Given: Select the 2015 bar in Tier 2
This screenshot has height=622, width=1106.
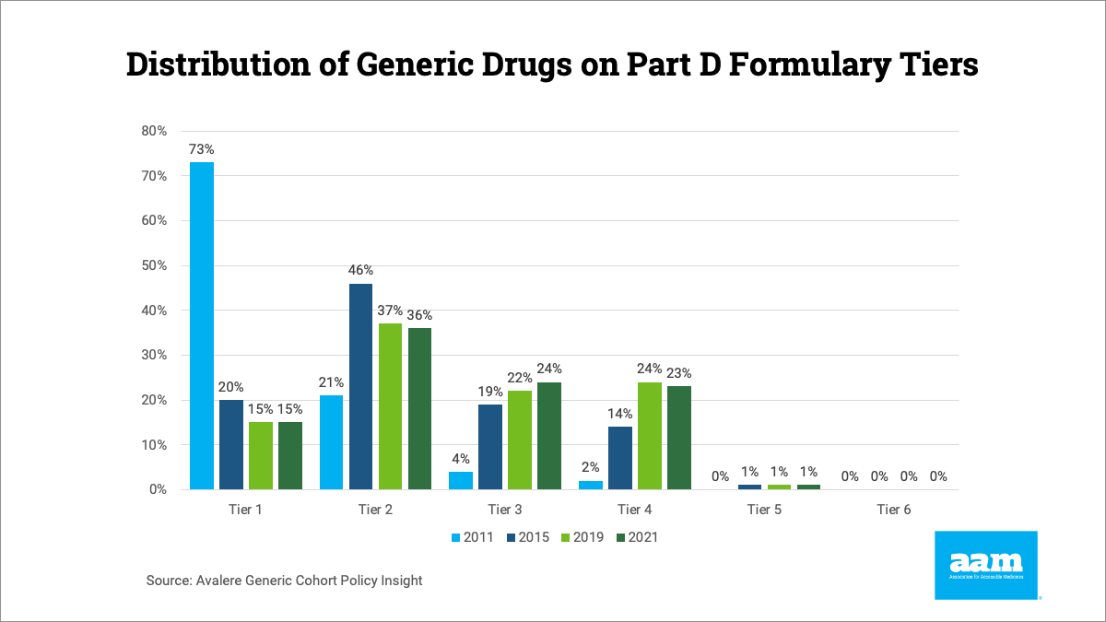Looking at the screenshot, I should tap(360, 386).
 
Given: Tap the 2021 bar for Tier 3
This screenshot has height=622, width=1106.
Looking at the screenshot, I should tap(548, 435).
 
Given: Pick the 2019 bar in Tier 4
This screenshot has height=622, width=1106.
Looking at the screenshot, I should tap(649, 435).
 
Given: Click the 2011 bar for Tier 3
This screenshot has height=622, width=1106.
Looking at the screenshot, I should tap(461, 480).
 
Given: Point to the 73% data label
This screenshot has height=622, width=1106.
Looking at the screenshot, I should tap(202, 148).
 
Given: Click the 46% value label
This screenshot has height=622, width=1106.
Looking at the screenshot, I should tap(360, 270).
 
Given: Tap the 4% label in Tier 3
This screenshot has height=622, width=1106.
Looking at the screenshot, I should tap(461, 459).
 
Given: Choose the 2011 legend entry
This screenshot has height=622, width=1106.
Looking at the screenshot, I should tap(471, 537).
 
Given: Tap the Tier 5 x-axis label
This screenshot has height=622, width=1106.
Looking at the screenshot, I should tap(764, 510).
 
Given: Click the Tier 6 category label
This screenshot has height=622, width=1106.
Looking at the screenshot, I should tap(893, 510).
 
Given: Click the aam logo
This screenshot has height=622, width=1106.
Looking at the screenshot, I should tap(985, 564).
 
